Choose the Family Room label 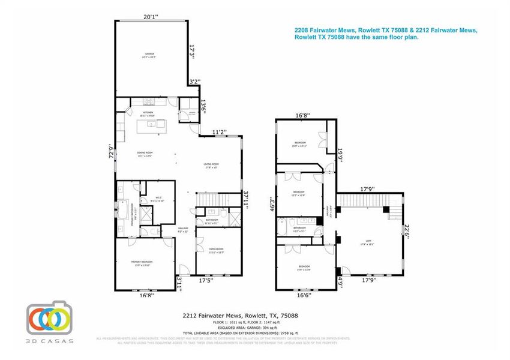coord(216,250)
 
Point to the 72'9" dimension coord(110,151)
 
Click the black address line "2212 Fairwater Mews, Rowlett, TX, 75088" coord(240,315)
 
